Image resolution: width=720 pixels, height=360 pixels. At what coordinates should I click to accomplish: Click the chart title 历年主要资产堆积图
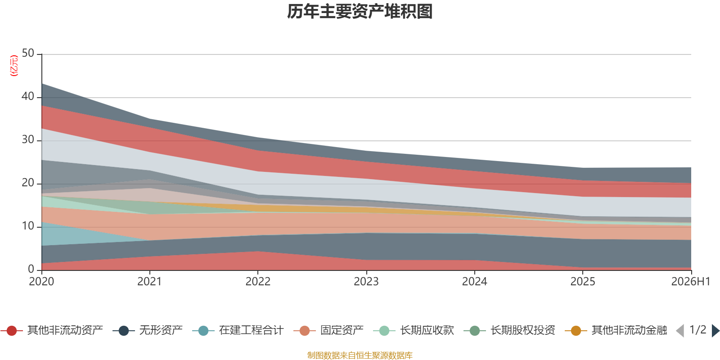tap(360, 12)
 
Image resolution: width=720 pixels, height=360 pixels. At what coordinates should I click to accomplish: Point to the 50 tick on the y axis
tap(28, 53)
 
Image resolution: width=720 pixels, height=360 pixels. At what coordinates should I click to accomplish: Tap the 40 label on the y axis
tap(28, 96)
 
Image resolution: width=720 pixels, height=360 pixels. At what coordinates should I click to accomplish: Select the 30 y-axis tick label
tap(28, 139)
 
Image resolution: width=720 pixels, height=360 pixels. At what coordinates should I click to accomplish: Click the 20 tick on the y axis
tap(28, 183)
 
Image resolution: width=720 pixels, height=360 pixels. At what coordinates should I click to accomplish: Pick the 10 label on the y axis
tap(28, 226)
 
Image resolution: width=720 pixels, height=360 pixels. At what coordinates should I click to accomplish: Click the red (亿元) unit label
tap(14, 66)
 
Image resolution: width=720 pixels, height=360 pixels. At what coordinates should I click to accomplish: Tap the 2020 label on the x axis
tap(41, 282)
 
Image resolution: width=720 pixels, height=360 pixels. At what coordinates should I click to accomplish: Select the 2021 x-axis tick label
tap(149, 282)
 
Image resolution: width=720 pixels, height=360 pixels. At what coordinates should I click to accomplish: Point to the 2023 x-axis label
tap(366, 282)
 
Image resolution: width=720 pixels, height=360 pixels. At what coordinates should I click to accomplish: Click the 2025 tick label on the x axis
tap(583, 282)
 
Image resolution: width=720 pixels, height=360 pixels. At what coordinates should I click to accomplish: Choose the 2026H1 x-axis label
tap(690, 282)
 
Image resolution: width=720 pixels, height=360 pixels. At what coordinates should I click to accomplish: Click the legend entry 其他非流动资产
tap(52, 330)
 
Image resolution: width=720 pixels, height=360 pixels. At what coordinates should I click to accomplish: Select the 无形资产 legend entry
tap(148, 330)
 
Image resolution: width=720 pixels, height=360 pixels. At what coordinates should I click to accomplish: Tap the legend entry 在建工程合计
tap(238, 330)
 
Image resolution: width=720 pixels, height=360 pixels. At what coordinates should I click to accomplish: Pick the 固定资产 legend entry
tap(328, 330)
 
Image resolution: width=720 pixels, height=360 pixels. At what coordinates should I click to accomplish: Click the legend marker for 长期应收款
tap(384, 331)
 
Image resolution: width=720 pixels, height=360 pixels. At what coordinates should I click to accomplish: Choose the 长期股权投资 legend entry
tap(509, 330)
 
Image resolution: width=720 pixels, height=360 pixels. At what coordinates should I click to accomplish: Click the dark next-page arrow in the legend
tap(715, 330)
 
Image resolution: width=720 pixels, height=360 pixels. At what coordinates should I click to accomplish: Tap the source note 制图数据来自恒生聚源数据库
tap(360, 355)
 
